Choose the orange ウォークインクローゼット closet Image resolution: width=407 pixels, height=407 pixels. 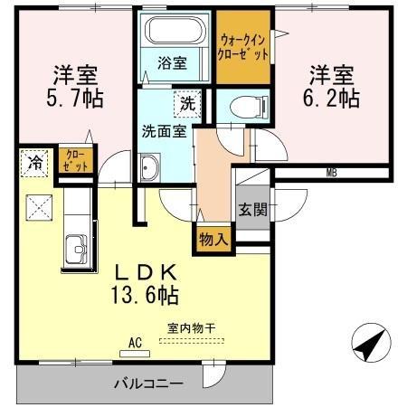pyautogui.click(x=243, y=45)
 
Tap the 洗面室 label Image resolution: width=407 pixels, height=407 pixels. pyautogui.click(x=163, y=130)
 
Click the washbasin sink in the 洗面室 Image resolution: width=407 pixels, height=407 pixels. pyautogui.click(x=148, y=168)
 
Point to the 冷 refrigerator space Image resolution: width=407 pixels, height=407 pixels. pyautogui.click(x=33, y=162)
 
